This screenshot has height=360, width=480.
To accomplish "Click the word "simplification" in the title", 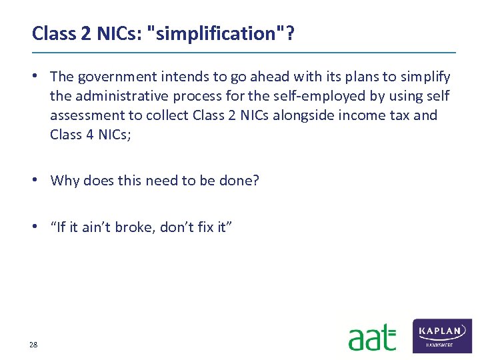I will (x=221, y=33).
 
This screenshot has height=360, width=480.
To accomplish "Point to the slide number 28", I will (x=33, y=344).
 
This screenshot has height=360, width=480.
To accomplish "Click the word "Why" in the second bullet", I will (x=65, y=181).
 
